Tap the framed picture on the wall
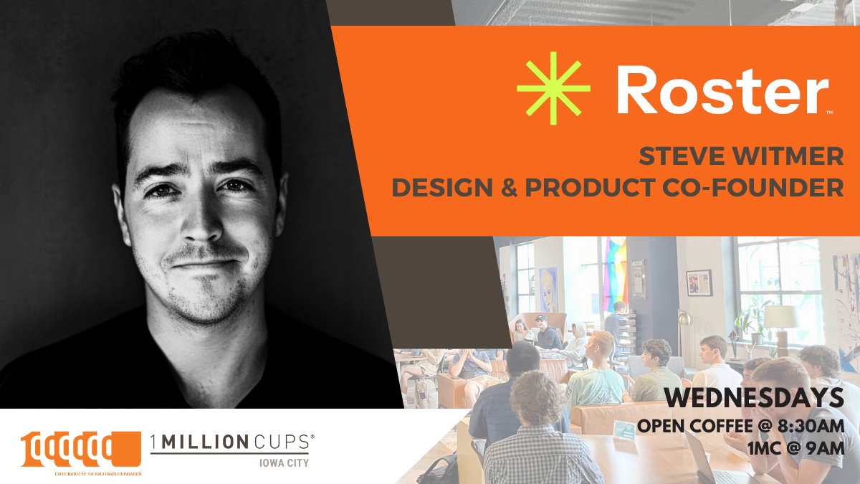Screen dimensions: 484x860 (x=699, y=283)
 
